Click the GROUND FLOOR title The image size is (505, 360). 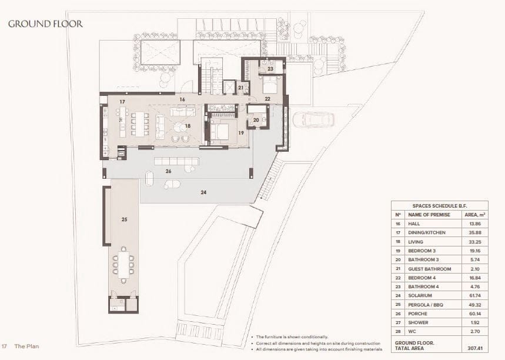click(45, 24)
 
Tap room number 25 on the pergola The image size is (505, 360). click(124, 219)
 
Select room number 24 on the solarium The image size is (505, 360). click(204, 192)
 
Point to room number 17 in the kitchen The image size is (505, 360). click(122, 102)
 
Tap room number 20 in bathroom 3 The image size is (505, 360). click(256, 120)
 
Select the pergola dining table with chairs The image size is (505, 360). click(124, 265)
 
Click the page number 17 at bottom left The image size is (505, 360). click(4, 346)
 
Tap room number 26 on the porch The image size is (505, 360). click(168, 172)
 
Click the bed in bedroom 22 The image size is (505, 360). click(271, 87)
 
